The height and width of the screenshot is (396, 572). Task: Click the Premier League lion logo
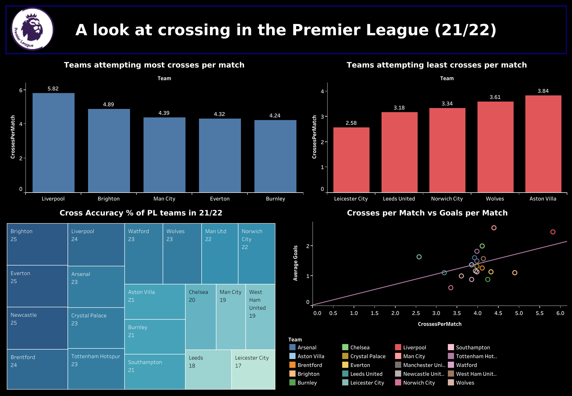32,29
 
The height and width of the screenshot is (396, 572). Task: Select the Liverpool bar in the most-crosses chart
53,143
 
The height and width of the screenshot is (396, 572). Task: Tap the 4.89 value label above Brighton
108,105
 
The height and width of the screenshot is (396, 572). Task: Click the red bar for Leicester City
351,160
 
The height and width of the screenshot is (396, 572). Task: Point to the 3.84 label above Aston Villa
543,91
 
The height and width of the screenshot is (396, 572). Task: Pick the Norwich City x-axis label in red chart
447,199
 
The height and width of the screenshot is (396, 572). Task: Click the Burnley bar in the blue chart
275,156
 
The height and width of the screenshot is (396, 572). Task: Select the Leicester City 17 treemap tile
253,369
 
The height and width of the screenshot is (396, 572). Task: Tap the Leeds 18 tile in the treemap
208,369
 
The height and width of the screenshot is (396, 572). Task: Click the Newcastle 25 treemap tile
37,328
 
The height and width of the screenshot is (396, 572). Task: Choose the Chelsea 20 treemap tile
201,316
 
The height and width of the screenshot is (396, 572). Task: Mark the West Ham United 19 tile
260,316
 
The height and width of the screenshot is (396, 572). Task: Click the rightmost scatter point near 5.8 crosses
553,232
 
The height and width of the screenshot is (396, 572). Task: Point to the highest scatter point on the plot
494,228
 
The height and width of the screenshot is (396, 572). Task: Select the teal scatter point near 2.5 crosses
419,257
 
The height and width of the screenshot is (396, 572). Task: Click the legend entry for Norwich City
419,383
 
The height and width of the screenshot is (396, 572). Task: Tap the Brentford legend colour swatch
292,365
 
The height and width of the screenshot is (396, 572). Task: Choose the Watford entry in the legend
466,365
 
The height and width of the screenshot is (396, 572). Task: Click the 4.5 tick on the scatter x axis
498,313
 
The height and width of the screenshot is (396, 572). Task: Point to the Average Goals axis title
296,263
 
